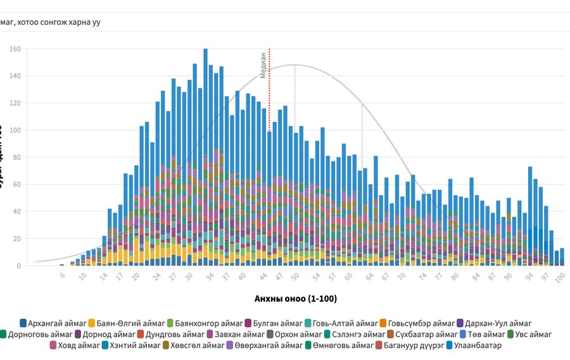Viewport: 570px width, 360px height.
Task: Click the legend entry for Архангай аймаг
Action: pyautogui.click(x=52, y=323)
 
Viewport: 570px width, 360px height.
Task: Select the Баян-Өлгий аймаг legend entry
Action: pyautogui.click(x=126, y=323)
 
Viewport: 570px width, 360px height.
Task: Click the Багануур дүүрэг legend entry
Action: pyautogui.click(x=408, y=345)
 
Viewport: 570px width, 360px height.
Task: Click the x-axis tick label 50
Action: pyautogui.click(x=295, y=277)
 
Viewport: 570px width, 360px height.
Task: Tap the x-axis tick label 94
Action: pyautogui.click(x=529, y=277)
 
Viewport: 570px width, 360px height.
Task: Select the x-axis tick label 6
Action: pyautogui.click(x=63, y=276)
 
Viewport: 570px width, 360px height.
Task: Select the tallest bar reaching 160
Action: pyautogui.click(x=205, y=158)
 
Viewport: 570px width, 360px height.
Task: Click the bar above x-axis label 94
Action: pyautogui.click(x=530, y=215)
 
